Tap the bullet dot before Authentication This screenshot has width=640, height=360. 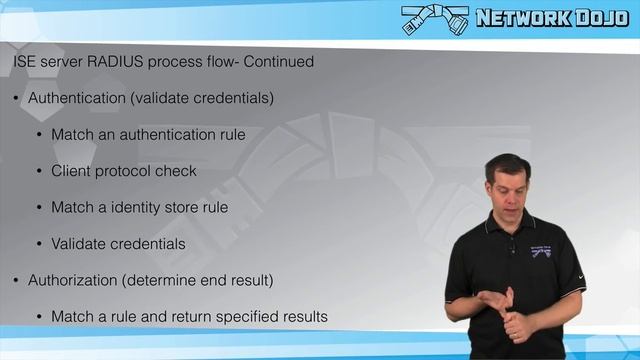pyautogui.click(x=17, y=99)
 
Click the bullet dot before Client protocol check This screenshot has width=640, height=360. pyautogui.click(x=40, y=171)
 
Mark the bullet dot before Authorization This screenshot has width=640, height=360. pyautogui.click(x=17, y=279)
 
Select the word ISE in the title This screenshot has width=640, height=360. pyautogui.click(x=24, y=62)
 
